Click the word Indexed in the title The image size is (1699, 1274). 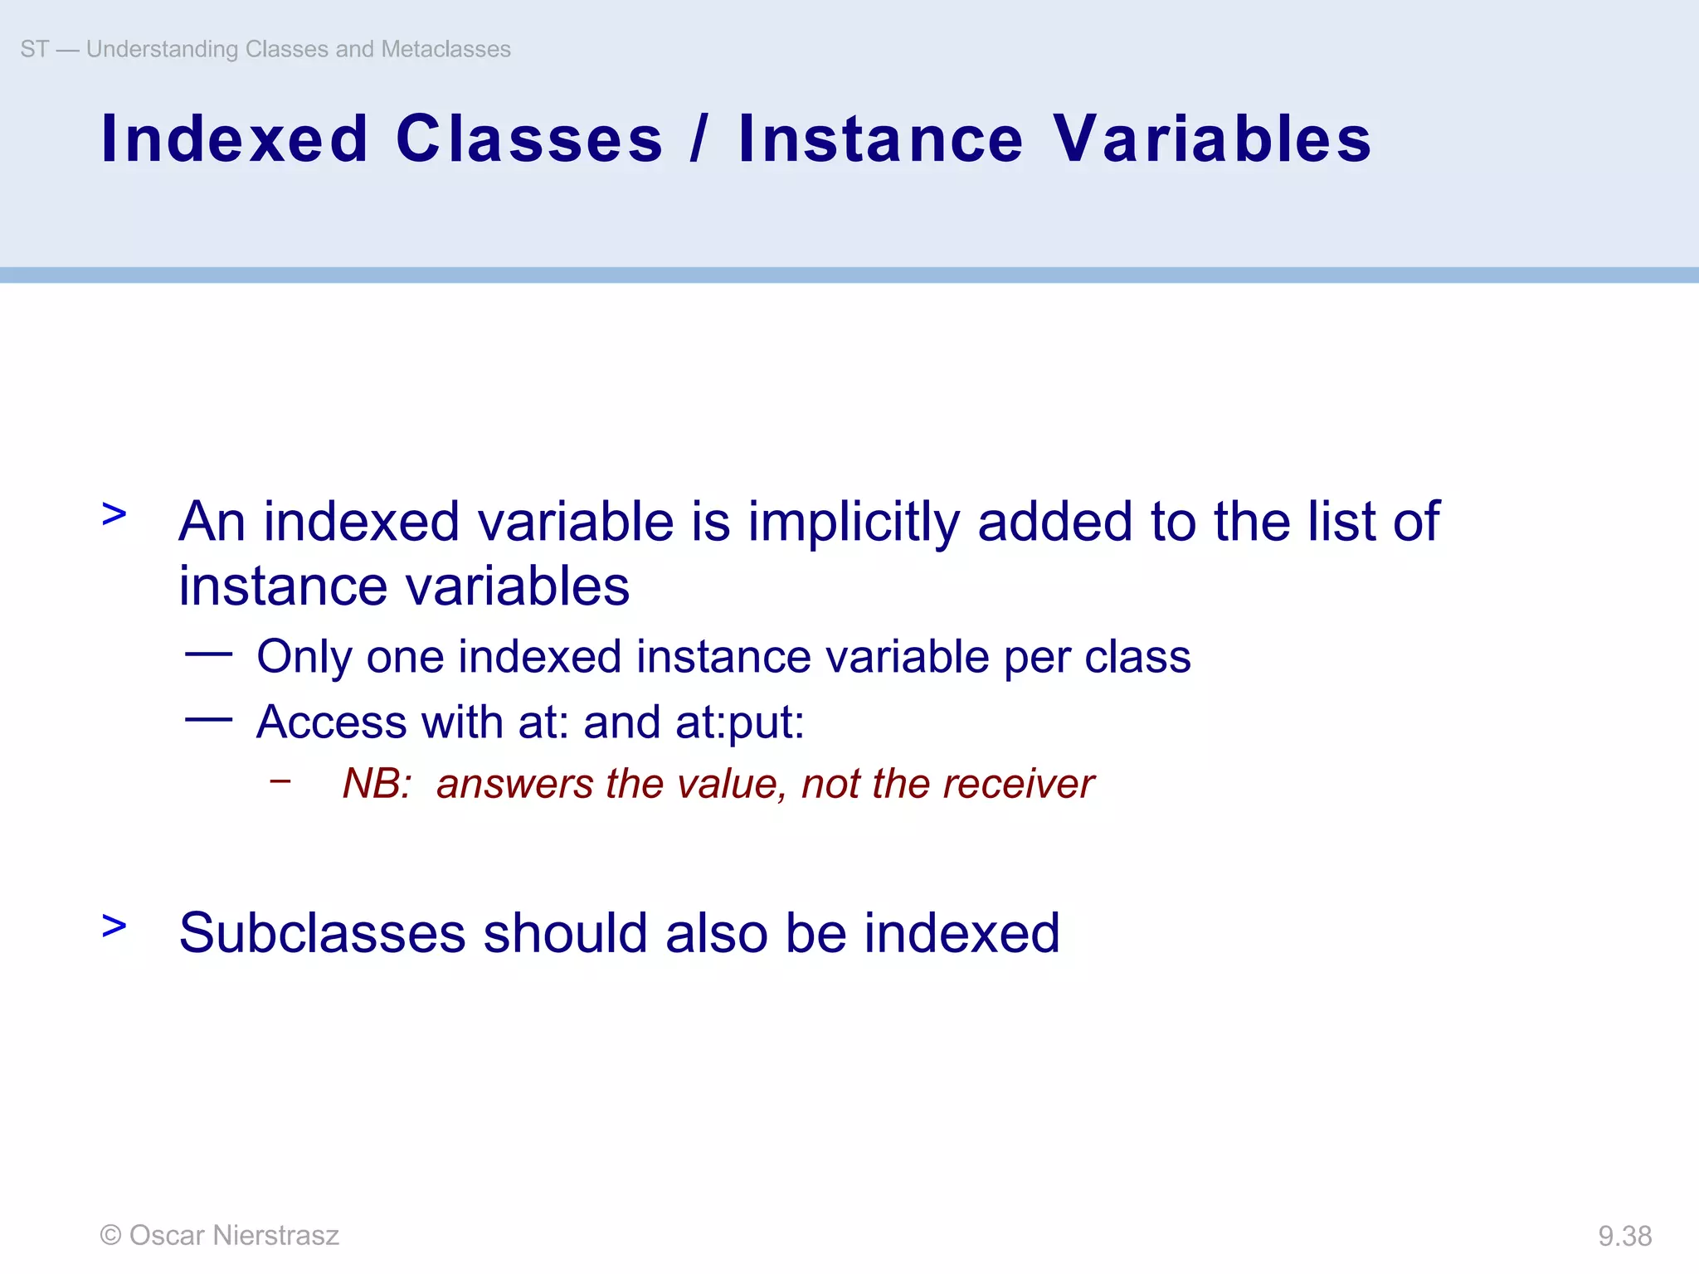(234, 139)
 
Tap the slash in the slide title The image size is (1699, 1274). (699, 139)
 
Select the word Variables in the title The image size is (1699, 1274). (1212, 139)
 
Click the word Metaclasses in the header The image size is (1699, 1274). (445, 49)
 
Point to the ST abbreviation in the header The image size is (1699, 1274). (34, 49)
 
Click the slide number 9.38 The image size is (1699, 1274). (1624, 1236)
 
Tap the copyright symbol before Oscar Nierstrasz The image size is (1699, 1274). (110, 1236)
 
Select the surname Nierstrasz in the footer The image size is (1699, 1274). (275, 1236)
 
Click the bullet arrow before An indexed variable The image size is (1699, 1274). (114, 514)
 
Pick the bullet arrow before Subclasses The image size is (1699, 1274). (114, 926)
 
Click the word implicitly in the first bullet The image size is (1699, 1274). (854, 523)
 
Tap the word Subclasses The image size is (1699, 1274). (322, 933)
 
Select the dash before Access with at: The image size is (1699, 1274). (208, 719)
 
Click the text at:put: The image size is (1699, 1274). (740, 722)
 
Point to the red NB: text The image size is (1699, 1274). (377, 784)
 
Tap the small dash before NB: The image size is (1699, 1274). (280, 780)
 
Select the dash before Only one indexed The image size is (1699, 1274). (208, 654)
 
